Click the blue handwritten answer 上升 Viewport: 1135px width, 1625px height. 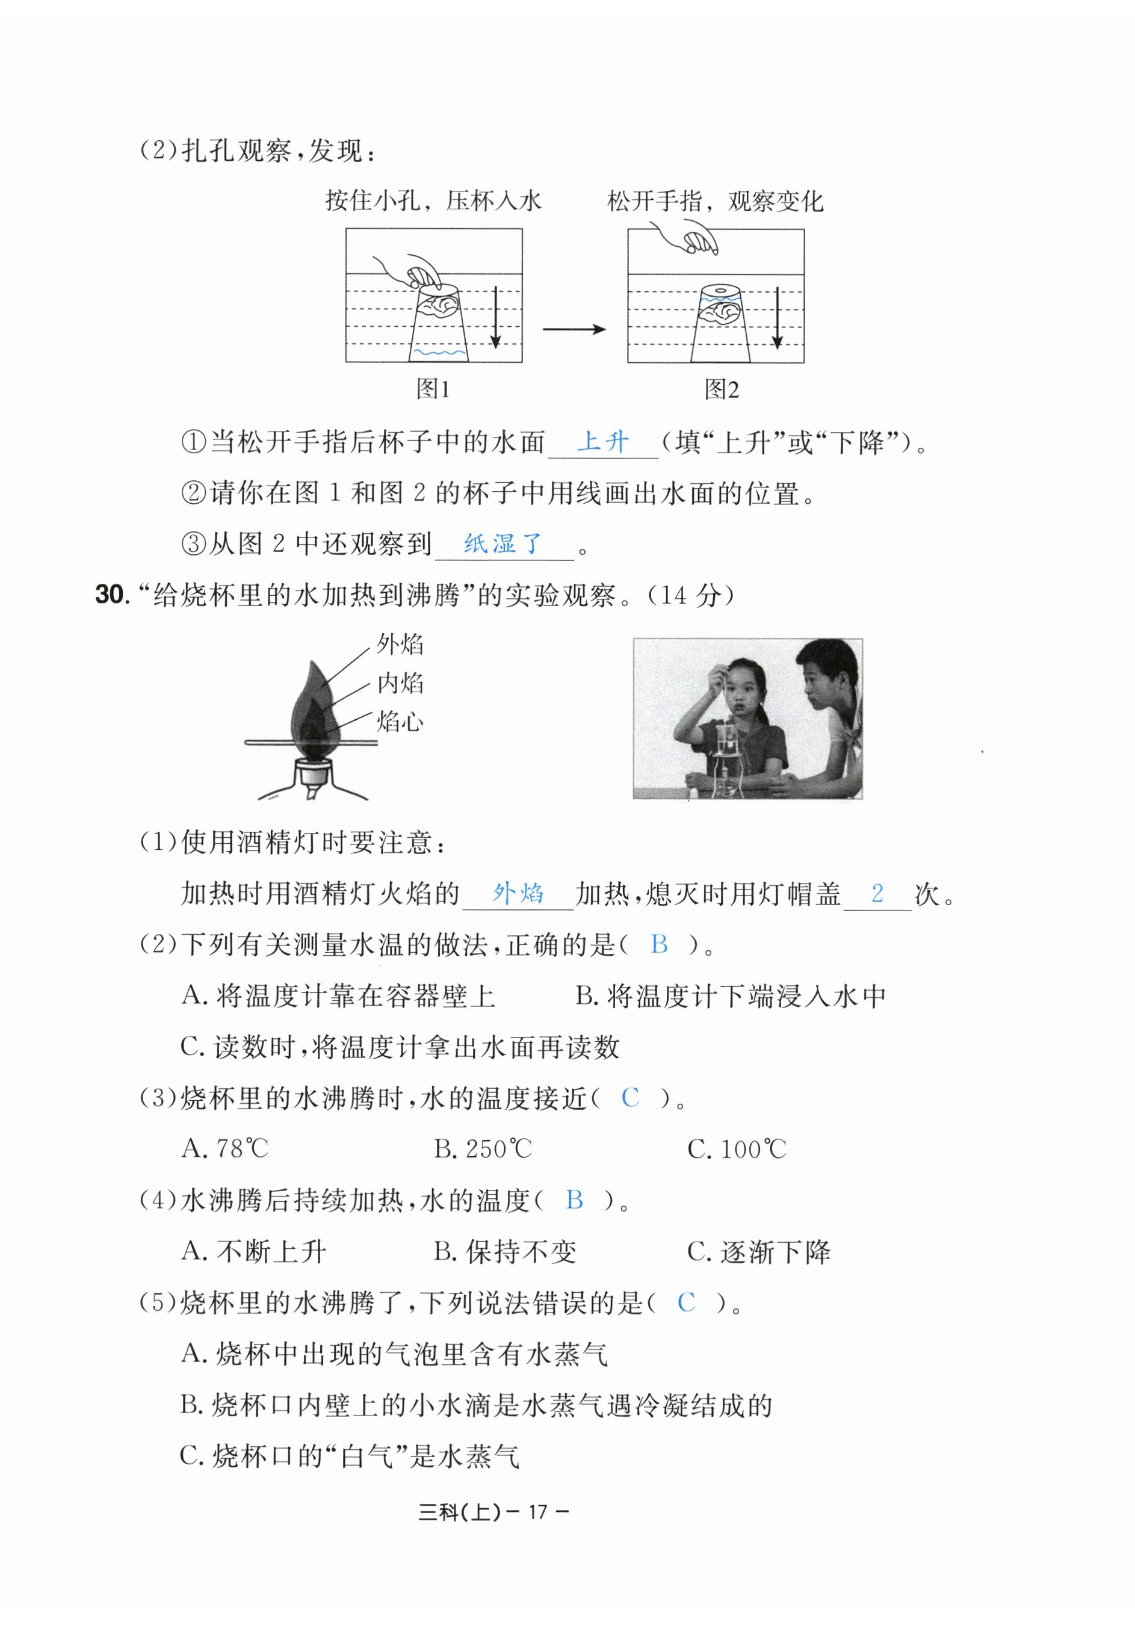click(602, 442)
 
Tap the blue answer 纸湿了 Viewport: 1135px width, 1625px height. click(503, 543)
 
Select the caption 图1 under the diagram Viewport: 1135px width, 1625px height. click(433, 389)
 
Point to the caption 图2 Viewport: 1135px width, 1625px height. click(721, 389)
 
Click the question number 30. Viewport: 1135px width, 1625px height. click(112, 595)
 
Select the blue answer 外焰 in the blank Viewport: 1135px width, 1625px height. click(518, 893)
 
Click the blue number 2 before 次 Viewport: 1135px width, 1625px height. click(877, 893)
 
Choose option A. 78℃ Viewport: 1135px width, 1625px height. click(225, 1149)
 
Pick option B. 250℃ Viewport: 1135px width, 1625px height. click(483, 1149)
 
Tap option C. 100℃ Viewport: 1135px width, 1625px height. click(737, 1149)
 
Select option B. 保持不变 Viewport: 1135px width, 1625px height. click(506, 1251)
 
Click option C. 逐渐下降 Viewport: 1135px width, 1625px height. click(758, 1251)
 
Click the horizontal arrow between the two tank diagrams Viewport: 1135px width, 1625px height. click(574, 329)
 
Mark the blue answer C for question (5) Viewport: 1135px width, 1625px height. click(685, 1302)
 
